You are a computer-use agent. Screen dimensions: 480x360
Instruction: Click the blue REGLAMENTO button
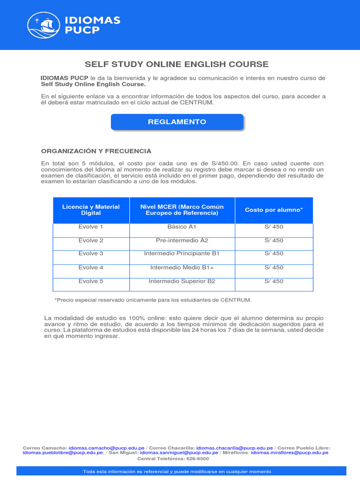pos(177,122)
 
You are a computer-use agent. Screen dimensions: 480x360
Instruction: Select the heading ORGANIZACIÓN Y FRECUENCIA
pos(96,151)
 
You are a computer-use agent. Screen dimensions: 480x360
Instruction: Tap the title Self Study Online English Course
pos(176,64)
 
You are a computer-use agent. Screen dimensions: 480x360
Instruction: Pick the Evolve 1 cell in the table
pos(91,227)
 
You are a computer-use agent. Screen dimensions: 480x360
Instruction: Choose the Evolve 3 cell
pos(91,254)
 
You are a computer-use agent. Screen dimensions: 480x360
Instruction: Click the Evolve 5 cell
pos(91,281)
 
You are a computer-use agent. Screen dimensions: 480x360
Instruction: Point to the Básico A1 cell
pos(182,227)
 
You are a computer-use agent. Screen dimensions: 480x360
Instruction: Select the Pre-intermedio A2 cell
pos(182,240)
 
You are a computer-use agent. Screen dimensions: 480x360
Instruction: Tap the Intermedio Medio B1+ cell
pos(182,268)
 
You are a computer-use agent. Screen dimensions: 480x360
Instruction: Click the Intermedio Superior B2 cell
pos(182,281)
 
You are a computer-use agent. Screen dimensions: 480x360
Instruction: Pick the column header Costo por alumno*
pos(274,210)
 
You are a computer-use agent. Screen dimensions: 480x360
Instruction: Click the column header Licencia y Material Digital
pos(91,210)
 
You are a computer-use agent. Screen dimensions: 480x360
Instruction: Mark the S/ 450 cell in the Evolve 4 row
pos(274,268)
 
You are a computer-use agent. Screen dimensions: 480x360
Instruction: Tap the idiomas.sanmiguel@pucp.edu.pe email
pos(179,453)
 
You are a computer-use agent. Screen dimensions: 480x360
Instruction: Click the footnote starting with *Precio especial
pos(153,300)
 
